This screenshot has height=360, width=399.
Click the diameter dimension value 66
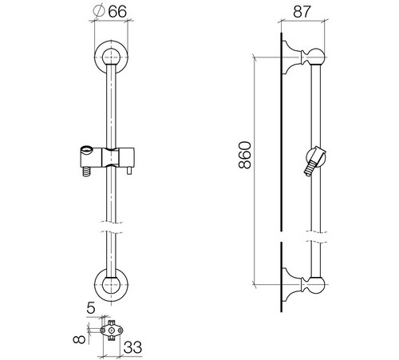pyautogui.click(x=117, y=12)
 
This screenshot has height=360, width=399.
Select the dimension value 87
pyautogui.click(x=302, y=12)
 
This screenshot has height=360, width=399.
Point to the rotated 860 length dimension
pyautogui.click(x=245, y=155)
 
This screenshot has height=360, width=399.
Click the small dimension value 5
pyautogui.click(x=90, y=308)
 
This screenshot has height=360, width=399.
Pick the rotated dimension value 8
pyautogui.click(x=80, y=339)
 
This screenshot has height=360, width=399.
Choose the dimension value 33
pyautogui.click(x=132, y=347)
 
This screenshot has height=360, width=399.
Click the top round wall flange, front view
pyautogui.click(x=111, y=57)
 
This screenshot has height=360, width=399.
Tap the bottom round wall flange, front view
pyautogui.click(x=111, y=285)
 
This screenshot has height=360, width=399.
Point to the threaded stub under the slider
pyautogui.click(x=86, y=172)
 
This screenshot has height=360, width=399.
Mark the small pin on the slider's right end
pyautogui.click(x=130, y=171)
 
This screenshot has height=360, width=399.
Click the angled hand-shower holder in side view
pyautogui.click(x=315, y=160)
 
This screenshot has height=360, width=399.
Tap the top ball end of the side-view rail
pyautogui.click(x=317, y=57)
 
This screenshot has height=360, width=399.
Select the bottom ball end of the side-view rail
pyautogui.click(x=317, y=285)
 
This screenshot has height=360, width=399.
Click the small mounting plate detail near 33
pyautogui.click(x=112, y=330)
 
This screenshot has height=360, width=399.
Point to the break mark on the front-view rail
pyautogui.click(x=111, y=227)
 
